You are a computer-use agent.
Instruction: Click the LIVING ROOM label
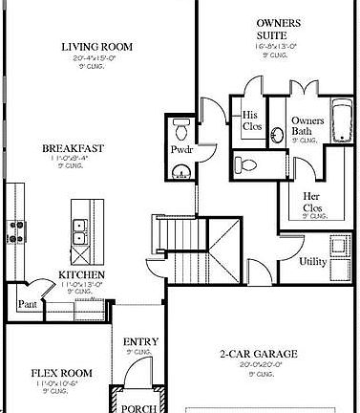(96, 46)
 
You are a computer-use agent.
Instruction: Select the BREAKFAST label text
(73, 148)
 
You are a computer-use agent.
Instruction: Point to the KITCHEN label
(81, 275)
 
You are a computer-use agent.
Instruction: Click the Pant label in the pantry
(27, 305)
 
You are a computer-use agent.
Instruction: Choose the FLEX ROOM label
(60, 373)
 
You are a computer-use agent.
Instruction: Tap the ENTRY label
(139, 341)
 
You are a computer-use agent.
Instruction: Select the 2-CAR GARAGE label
(260, 354)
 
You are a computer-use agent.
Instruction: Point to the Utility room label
(313, 261)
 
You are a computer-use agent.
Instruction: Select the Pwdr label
(181, 150)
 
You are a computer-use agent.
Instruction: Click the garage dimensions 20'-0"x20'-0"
(260, 364)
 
